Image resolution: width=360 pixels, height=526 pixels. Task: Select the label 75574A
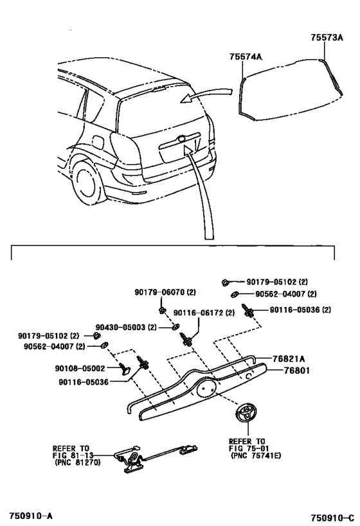point(246,57)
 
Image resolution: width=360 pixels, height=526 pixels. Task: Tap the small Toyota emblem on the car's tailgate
point(182,138)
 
